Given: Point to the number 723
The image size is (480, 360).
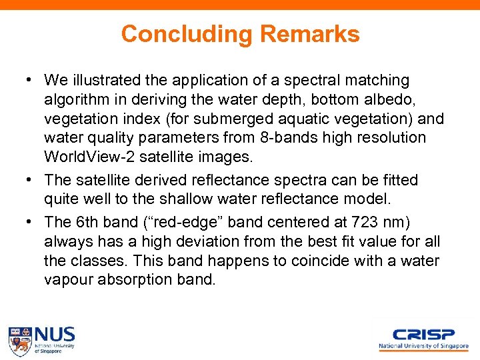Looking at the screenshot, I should pos(353,223).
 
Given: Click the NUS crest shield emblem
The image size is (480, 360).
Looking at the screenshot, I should pos(19,340).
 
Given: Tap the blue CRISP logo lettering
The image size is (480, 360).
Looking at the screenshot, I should pos(423,334).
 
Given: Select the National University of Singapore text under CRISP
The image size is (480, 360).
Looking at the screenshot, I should pos(423,347).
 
